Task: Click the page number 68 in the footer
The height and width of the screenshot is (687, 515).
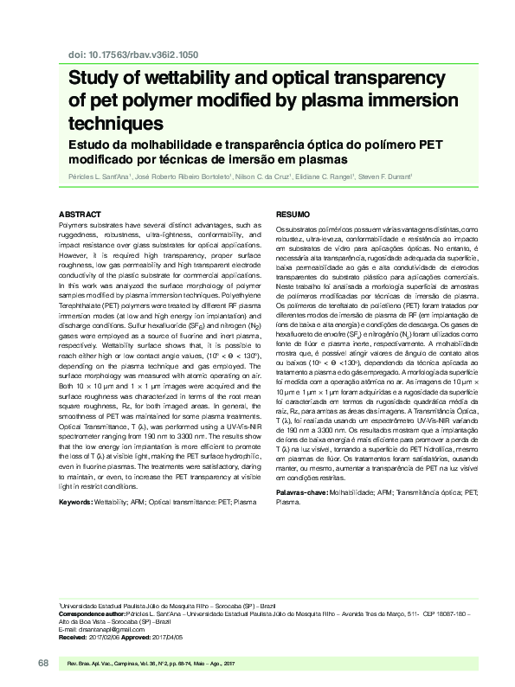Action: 42,662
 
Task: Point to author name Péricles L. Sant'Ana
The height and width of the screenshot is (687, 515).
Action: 100,177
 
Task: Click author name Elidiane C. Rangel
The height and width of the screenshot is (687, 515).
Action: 322,177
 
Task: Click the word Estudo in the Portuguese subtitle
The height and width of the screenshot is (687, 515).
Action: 91,144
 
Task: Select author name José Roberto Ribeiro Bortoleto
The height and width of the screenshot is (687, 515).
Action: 181,177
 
